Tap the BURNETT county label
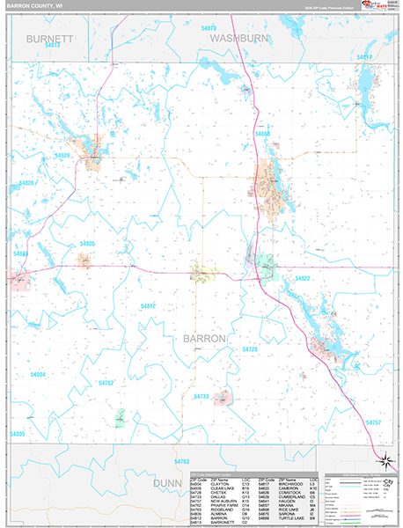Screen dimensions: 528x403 49,40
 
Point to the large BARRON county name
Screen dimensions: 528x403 204,338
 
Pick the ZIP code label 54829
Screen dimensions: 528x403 62,156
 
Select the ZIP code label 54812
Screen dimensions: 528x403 148,305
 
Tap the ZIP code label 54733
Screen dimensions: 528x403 201,396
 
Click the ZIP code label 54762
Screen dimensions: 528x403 106,383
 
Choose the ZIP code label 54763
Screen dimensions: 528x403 182,461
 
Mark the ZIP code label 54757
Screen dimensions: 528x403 373,422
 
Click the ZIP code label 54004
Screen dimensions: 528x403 38,374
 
